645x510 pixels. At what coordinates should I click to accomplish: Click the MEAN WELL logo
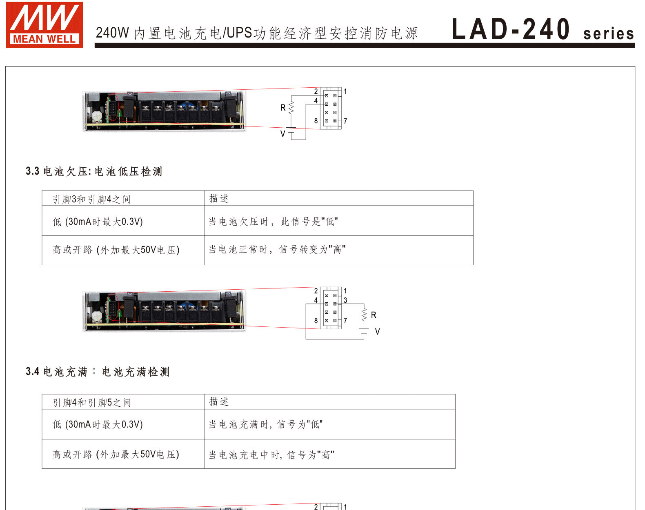tap(44, 25)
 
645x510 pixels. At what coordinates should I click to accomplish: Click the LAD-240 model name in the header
tap(510, 29)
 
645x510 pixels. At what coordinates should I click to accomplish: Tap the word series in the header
tap(608, 33)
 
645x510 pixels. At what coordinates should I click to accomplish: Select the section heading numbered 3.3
tap(94, 171)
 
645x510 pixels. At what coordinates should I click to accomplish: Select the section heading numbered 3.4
tap(97, 372)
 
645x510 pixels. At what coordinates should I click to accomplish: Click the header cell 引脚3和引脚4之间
tap(91, 199)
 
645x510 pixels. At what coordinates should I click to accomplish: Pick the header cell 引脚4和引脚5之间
tap(92, 402)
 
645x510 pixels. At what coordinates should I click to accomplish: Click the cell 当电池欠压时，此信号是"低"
tap(273, 222)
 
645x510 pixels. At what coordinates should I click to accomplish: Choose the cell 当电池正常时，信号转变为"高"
tap(277, 249)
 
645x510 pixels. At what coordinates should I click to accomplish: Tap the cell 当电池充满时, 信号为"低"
tap(266, 424)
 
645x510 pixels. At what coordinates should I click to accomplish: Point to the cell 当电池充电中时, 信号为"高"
tap(271, 455)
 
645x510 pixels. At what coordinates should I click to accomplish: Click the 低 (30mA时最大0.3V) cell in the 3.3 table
tap(98, 222)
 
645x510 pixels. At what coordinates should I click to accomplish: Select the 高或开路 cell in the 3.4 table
tap(116, 455)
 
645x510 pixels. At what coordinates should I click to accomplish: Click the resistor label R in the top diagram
tap(283, 108)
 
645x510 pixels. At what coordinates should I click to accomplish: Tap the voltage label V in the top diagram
tap(282, 134)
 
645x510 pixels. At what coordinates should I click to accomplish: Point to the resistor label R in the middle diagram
tap(374, 315)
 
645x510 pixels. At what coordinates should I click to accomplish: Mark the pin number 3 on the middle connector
tap(345, 300)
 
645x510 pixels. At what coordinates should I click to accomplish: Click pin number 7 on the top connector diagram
tap(345, 121)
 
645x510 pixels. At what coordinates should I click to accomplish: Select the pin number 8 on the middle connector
tap(316, 321)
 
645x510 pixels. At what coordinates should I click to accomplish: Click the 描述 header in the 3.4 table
tap(219, 402)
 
